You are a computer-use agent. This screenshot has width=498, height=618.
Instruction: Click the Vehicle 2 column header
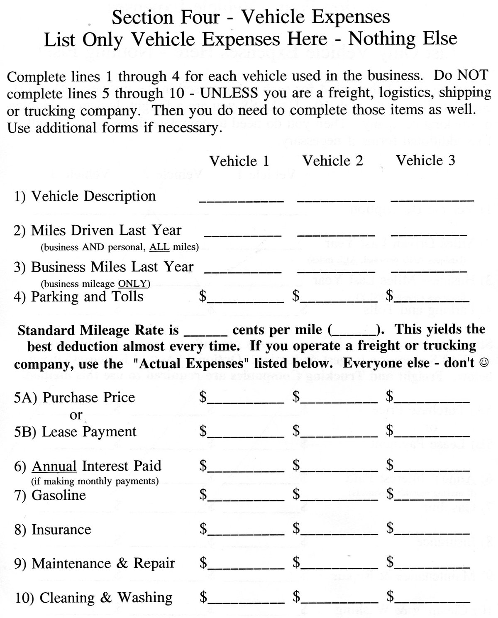click(333, 161)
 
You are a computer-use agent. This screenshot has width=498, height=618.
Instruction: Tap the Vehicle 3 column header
click(426, 160)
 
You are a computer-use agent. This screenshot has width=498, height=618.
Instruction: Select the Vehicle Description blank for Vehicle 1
click(241, 198)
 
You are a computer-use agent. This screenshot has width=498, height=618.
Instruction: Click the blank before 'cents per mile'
click(205, 331)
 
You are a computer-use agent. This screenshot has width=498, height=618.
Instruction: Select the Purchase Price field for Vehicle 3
click(432, 398)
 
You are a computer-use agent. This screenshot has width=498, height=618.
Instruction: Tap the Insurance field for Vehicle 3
click(432, 530)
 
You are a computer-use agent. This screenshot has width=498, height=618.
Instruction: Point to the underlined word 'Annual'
click(54, 467)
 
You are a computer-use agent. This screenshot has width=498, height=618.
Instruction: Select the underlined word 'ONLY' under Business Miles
click(133, 284)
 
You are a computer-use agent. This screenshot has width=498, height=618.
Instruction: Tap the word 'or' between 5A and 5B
click(76, 415)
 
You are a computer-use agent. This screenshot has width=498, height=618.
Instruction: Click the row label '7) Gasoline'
click(50, 496)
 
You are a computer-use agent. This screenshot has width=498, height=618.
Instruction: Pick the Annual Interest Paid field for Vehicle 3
click(432, 467)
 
